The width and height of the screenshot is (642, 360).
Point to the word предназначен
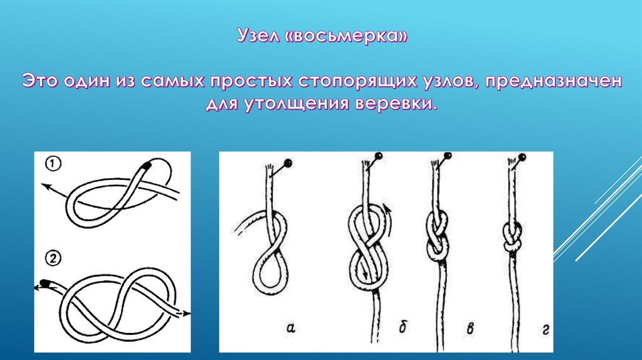[x=553, y=82]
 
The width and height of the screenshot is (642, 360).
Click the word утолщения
[x=297, y=103]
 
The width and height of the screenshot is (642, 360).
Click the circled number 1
[x=53, y=164]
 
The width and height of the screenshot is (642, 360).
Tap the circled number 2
[x=53, y=259]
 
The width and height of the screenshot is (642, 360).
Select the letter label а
[x=291, y=327]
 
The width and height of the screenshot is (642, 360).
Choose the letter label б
[x=403, y=326]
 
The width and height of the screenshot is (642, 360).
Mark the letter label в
[x=471, y=327]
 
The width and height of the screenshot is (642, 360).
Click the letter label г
[x=545, y=329]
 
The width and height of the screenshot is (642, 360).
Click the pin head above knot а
[x=288, y=162]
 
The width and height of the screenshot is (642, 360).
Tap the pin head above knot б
[x=379, y=156]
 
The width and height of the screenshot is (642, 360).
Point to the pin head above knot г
[x=522, y=157]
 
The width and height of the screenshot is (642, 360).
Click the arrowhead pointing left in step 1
[x=46, y=187]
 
